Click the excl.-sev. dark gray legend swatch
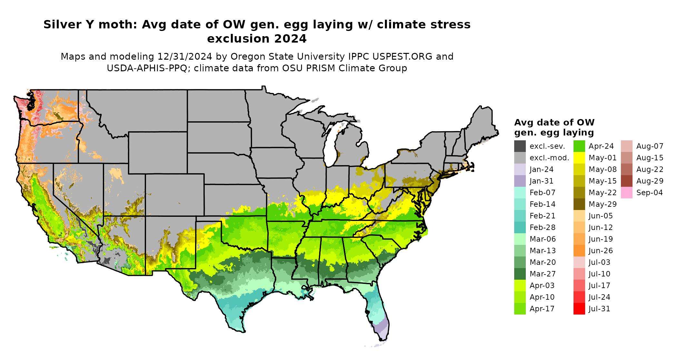[x=520, y=146]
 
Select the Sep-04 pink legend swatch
[x=626, y=193]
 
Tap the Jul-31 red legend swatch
[x=579, y=309]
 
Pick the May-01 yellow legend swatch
[x=579, y=158]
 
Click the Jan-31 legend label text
[x=541, y=181]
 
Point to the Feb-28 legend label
[x=542, y=227]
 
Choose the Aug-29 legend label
[x=650, y=181]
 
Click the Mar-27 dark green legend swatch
[x=520, y=274]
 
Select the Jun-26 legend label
[x=601, y=251]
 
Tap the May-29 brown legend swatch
[x=579, y=204]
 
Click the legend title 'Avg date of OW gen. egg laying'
[x=554, y=127]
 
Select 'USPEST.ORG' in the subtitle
[x=402, y=56]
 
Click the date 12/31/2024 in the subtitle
[x=185, y=56]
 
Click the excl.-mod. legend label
[x=549, y=158]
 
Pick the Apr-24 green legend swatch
[x=579, y=146]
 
